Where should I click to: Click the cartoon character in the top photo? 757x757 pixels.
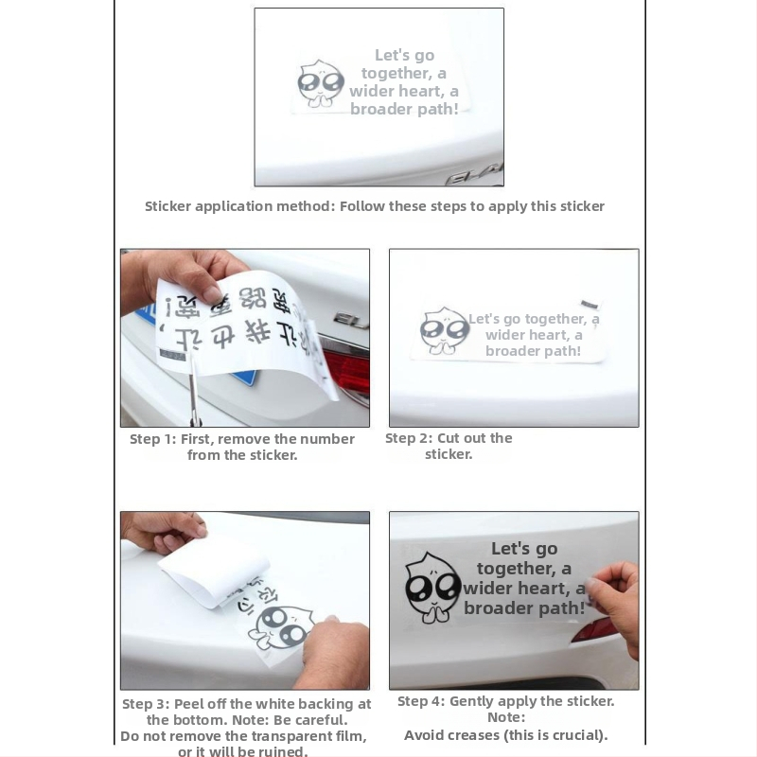point(320,84)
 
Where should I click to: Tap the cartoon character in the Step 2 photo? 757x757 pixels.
point(444,330)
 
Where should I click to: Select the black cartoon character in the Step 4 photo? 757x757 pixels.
point(432,588)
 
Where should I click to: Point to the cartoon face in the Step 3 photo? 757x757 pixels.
point(282,628)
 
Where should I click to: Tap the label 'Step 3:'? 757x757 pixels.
point(146,704)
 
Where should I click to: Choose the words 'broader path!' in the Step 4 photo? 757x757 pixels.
point(524,608)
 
